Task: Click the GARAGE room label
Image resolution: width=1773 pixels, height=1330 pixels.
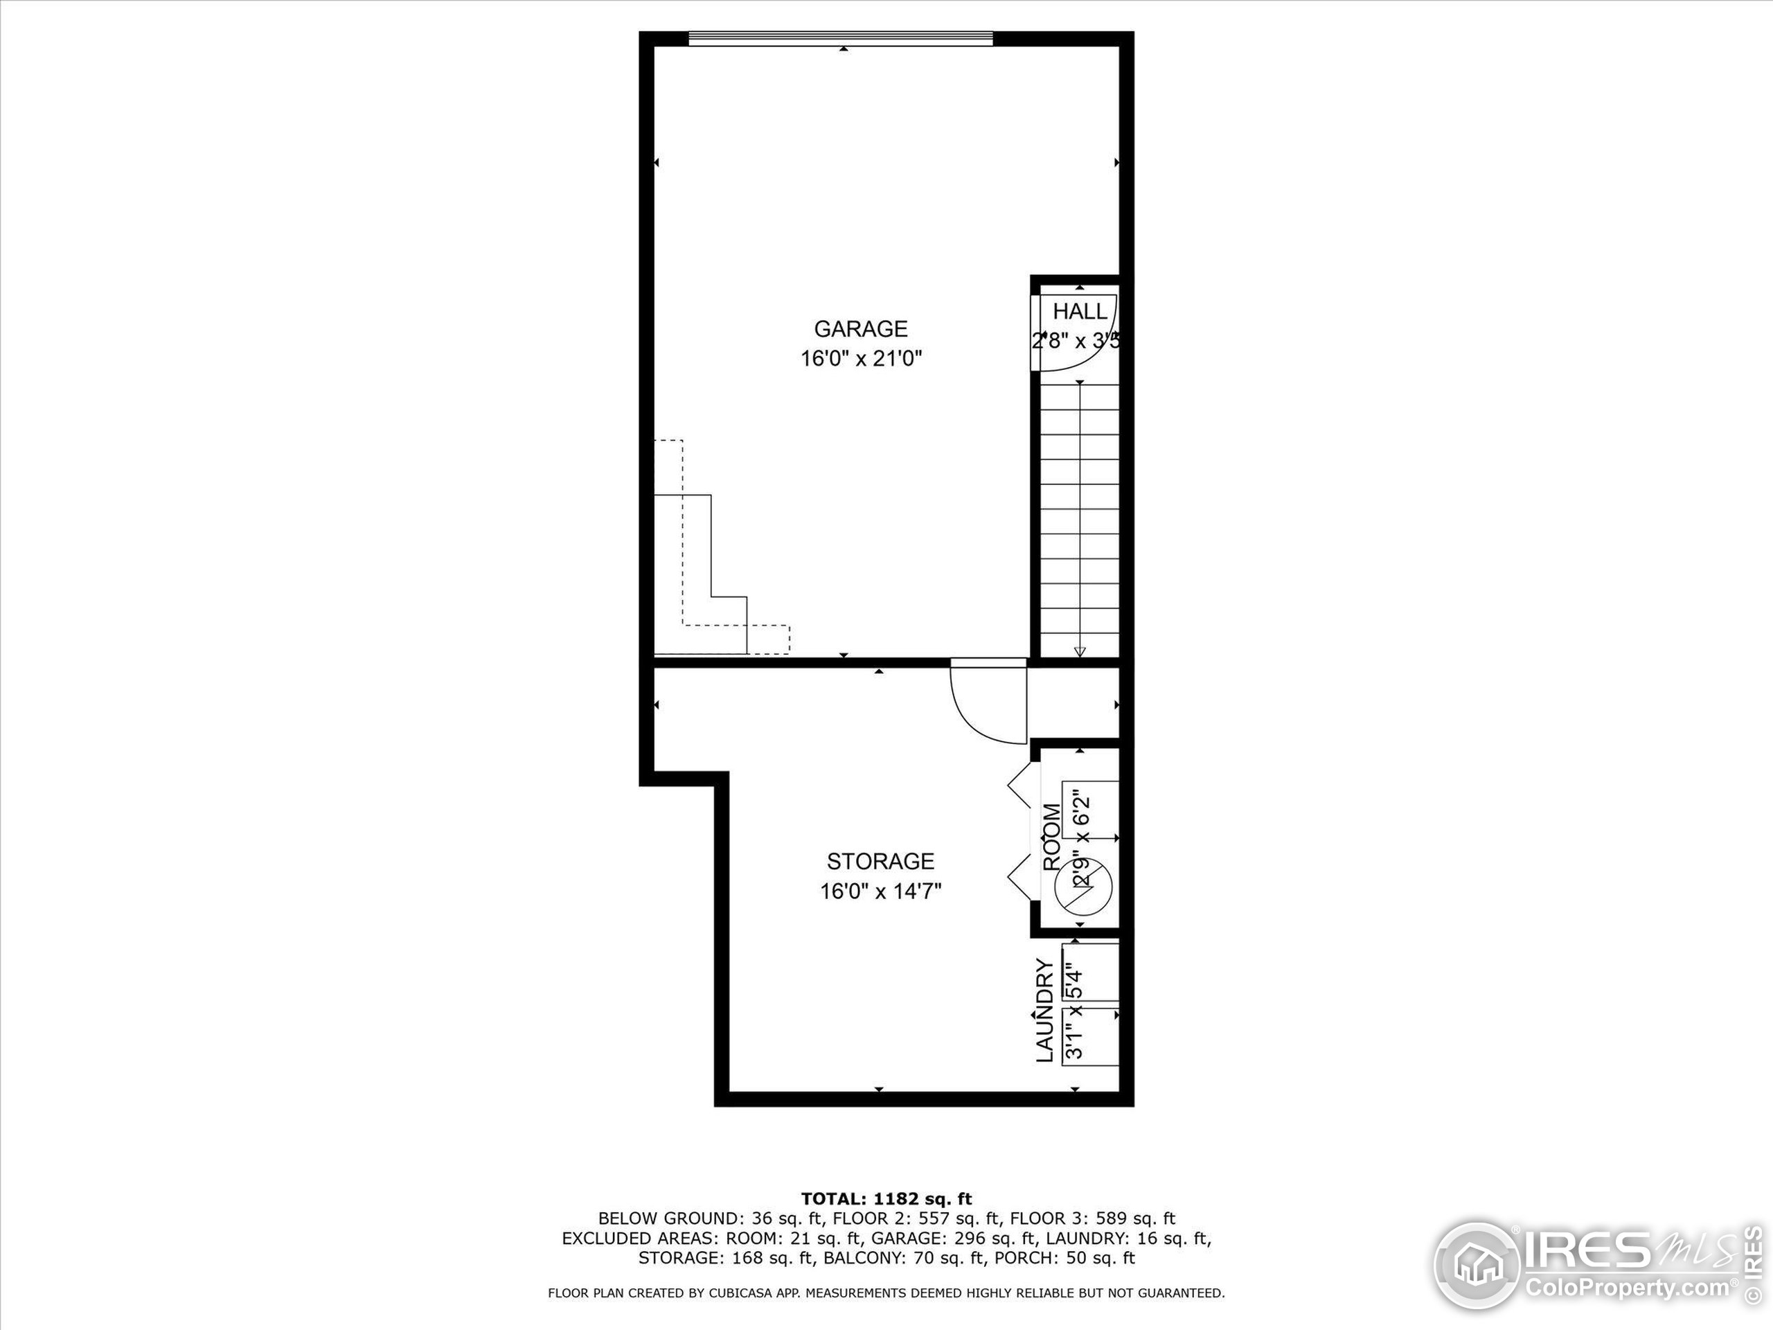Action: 861,329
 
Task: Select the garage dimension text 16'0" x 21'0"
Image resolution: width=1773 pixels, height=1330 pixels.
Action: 861,358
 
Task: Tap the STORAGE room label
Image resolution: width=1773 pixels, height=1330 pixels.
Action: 880,861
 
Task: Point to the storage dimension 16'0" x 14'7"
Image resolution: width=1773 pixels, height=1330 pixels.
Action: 880,891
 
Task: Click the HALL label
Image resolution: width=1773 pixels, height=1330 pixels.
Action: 1080,311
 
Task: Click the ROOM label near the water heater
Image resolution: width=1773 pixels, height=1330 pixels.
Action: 1051,837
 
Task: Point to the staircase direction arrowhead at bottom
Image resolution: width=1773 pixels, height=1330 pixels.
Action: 1080,651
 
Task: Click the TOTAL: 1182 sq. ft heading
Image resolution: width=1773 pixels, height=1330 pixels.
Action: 886,1199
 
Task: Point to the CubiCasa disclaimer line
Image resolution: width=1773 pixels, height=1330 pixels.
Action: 886,1293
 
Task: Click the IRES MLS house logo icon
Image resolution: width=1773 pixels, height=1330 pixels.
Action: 1476,1265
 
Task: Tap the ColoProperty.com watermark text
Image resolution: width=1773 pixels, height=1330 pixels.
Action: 1627,1288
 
